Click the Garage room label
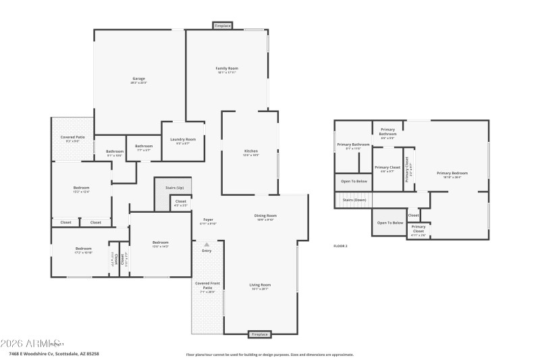coord(138,80)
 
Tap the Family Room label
coord(227,68)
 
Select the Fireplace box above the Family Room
coord(223,26)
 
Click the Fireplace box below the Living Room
coord(260,334)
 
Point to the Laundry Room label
coord(182,139)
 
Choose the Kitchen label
coord(251,151)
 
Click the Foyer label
coord(208,220)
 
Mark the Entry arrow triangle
coord(207,244)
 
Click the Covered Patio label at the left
coord(73,137)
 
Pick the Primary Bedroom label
coord(452,174)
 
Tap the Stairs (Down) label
coord(354,200)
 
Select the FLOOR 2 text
coord(340,246)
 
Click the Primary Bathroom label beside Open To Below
coord(354,145)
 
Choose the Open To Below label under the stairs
coord(390,222)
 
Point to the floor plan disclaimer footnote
coord(269,354)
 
